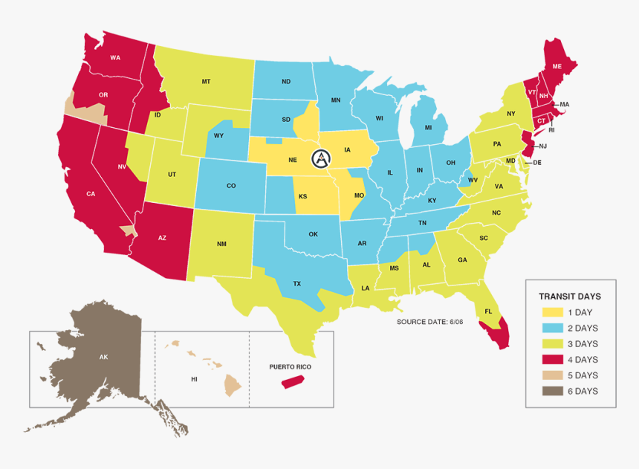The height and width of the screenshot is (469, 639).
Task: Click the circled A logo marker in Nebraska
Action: click(321, 158)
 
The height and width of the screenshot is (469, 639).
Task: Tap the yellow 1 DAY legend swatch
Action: click(550, 312)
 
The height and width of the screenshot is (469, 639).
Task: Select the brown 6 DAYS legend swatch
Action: click(550, 391)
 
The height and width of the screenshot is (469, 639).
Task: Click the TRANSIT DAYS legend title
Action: click(570, 295)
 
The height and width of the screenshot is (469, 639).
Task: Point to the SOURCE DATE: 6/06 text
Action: click(430, 321)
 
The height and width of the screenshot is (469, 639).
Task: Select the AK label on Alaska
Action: click(103, 357)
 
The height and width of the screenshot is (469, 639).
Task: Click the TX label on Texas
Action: click(296, 284)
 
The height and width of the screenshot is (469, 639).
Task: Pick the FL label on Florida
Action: click(488, 311)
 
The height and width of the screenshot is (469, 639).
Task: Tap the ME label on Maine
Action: click(557, 66)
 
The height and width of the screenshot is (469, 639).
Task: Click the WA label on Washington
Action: click(115, 57)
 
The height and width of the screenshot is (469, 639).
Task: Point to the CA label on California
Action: click(91, 193)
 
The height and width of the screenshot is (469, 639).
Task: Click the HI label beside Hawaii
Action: click(194, 378)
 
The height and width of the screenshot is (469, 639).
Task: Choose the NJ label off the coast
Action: click(542, 146)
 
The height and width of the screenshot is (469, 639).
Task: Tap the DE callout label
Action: click(537, 162)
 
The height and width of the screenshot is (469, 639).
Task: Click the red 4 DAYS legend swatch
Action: click(550, 360)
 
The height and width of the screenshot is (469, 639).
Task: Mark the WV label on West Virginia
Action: click(472, 180)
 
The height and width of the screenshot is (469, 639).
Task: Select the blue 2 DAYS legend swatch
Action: click(550, 328)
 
